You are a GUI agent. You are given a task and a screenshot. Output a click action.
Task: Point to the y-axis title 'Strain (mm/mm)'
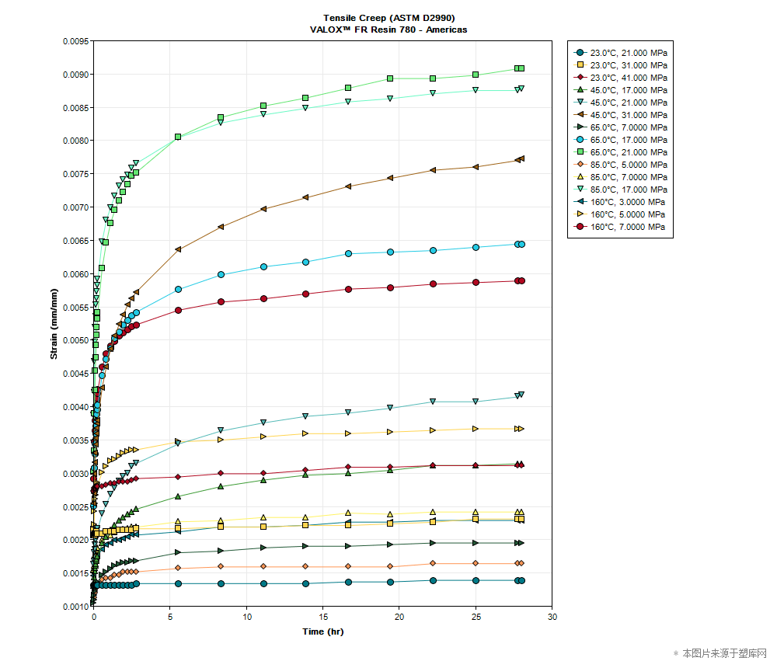[x=54, y=325]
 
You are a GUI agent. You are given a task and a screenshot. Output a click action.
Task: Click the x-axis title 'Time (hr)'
[x=322, y=631]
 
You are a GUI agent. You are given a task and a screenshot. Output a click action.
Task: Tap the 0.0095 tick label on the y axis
[x=75, y=41]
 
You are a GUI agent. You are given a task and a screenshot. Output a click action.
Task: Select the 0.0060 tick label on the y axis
[x=75, y=274]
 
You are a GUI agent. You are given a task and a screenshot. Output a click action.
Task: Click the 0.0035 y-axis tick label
[x=75, y=440]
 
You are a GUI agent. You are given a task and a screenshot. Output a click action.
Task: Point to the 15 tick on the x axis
[x=322, y=617]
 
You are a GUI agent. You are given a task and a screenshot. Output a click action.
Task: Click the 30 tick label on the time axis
[x=552, y=617]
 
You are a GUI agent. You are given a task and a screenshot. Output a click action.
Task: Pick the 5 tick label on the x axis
[x=170, y=617]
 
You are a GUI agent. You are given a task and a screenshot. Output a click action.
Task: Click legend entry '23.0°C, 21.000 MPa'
[x=628, y=53]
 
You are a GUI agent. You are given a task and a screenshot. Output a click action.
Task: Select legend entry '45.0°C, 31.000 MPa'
[x=628, y=115]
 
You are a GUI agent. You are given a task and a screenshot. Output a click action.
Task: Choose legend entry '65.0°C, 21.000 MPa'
[x=628, y=152]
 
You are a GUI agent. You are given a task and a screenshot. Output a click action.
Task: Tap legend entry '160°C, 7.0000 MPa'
[x=628, y=227]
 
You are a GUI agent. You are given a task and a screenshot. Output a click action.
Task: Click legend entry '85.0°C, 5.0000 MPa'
[x=628, y=165]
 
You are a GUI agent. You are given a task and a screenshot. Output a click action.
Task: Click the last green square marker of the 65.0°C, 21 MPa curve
[x=521, y=68]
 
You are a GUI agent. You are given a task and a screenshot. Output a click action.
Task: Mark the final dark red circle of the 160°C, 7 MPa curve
[x=521, y=280]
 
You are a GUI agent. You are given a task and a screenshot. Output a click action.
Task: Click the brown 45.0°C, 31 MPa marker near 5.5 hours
[x=178, y=249]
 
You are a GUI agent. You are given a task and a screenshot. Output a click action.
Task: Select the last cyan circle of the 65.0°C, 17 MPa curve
[x=521, y=244]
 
